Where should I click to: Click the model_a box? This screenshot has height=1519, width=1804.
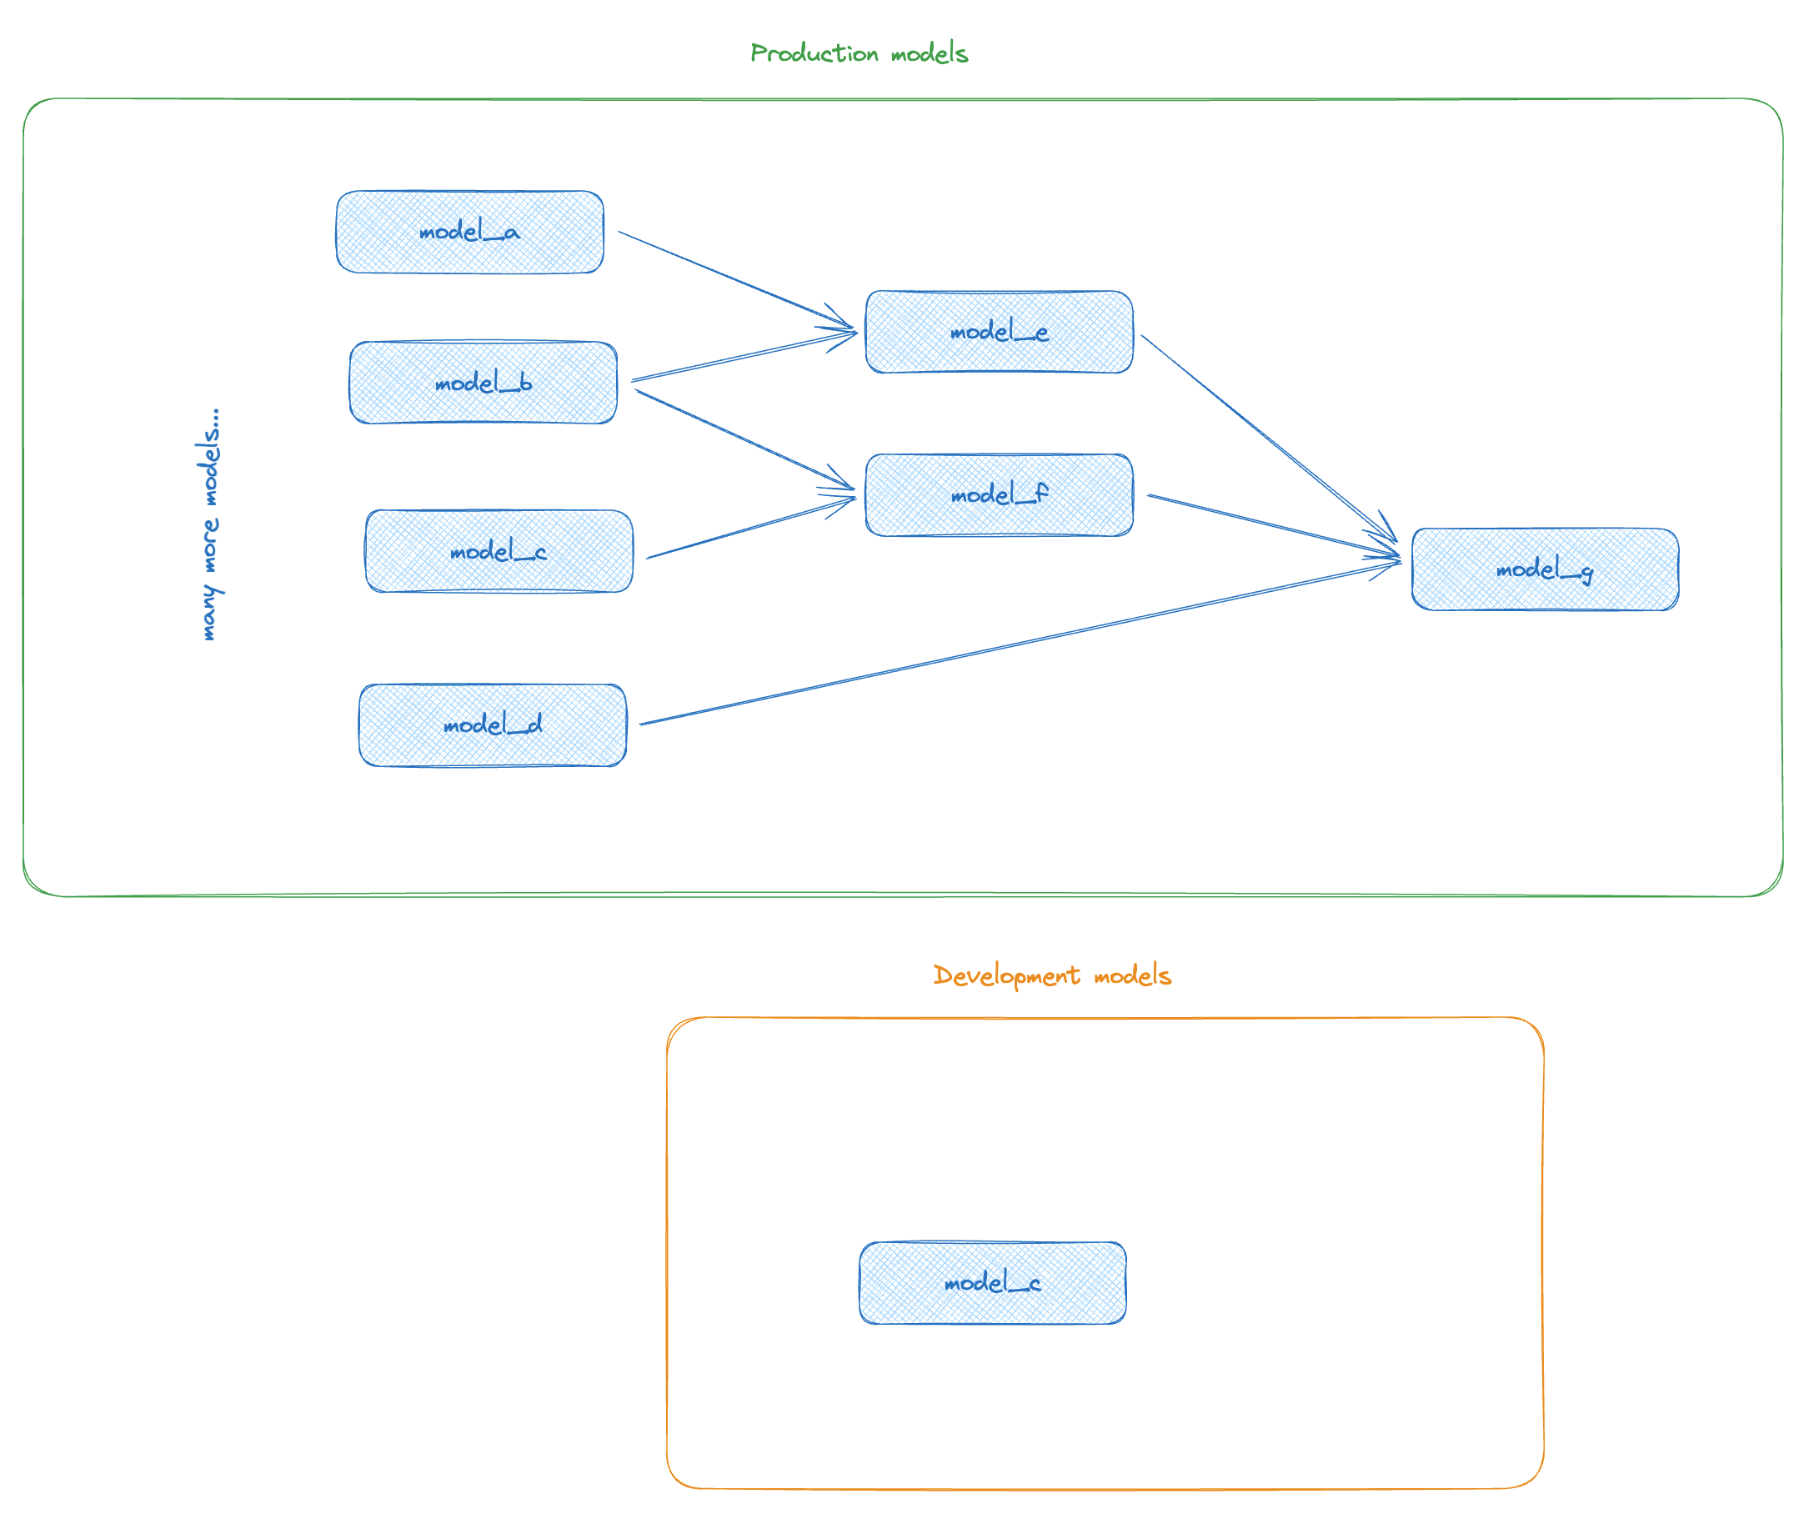pyautogui.click(x=469, y=233)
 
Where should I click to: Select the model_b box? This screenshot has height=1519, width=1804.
pyautogui.click(x=483, y=384)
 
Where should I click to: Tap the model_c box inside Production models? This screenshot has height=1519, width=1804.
pyautogui.click(x=499, y=552)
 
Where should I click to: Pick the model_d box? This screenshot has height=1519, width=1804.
pyautogui.click(x=493, y=726)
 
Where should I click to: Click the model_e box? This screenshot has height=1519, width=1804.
pyautogui.click(x=999, y=333)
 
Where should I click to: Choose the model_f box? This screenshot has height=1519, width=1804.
pyautogui.click(x=999, y=496)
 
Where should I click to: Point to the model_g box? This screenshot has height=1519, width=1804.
pyautogui.click(x=1545, y=570)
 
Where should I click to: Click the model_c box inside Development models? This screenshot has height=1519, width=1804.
pyautogui.click(x=993, y=1284)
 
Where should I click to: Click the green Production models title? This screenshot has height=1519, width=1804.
pyautogui.click(x=859, y=53)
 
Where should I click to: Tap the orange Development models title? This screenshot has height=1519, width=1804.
pyautogui.click(x=1052, y=975)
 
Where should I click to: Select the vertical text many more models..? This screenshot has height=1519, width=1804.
pyautogui.click(x=208, y=525)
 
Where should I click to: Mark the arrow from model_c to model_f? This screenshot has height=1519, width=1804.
pyautogui.click(x=749, y=529)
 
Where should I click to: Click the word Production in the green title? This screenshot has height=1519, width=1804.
pyautogui.click(x=814, y=53)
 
